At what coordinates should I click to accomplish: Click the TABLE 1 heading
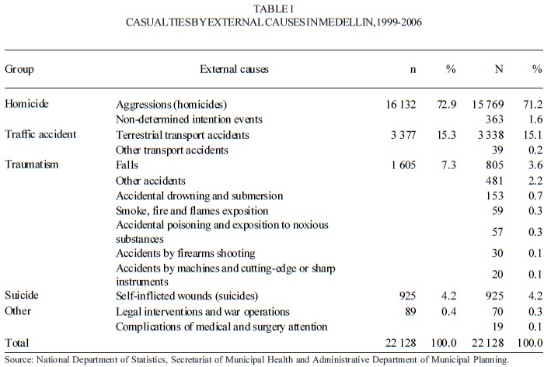tap(271, 9)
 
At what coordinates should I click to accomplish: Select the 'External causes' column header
tap(233, 69)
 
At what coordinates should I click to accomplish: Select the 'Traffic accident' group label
tap(40, 133)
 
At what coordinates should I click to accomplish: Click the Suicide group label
tap(22, 296)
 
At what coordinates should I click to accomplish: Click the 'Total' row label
tap(17, 343)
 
